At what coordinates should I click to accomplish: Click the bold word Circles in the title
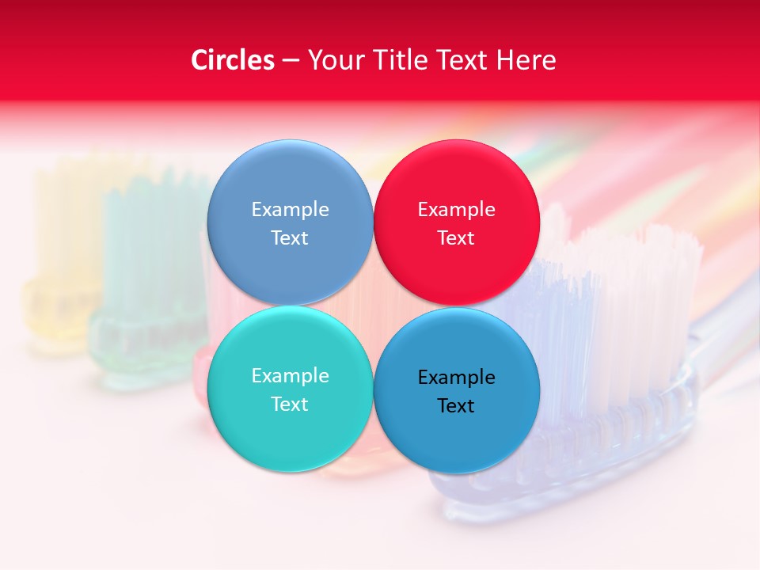point(232,60)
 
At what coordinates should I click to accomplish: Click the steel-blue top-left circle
point(290,182)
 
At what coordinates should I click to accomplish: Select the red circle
point(457,182)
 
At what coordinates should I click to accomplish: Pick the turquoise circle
point(290,427)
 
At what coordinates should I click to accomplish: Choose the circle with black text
point(457,431)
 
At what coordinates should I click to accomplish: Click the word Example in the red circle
point(457,210)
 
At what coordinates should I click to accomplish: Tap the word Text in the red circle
point(457,238)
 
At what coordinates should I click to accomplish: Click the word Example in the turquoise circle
point(290,376)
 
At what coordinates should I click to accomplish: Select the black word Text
point(457,406)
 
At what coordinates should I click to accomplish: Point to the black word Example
point(457,378)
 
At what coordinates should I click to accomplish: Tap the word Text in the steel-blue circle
point(290,238)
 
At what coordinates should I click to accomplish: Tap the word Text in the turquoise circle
point(290,405)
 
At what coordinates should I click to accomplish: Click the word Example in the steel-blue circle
point(290,210)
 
